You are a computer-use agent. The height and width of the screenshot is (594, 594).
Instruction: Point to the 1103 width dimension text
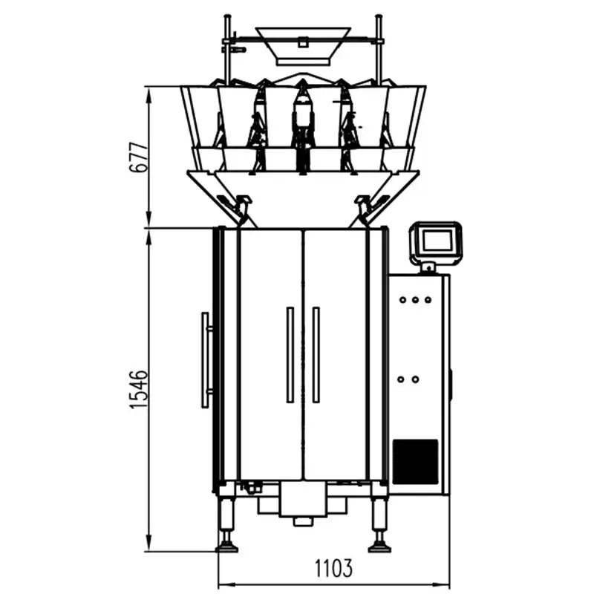click(x=333, y=569)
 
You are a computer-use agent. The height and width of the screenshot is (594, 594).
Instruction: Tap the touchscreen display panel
click(x=437, y=241)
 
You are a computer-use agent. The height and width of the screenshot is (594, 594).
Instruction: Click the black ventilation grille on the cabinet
click(x=415, y=460)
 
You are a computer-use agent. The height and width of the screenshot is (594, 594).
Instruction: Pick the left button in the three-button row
click(x=402, y=300)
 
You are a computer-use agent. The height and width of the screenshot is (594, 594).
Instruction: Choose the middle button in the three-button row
click(x=415, y=300)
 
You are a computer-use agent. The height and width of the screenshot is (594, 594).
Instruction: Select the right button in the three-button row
click(x=428, y=300)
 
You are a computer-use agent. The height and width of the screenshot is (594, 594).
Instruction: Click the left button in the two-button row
click(x=401, y=379)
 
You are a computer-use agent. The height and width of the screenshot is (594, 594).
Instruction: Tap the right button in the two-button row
click(x=415, y=379)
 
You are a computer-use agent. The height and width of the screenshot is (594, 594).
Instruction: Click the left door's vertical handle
click(x=290, y=355)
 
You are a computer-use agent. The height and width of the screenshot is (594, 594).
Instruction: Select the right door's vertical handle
click(x=316, y=355)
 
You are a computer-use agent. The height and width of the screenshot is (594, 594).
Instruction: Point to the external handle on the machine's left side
click(x=205, y=360)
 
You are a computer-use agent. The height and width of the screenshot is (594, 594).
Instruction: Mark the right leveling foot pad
click(x=380, y=548)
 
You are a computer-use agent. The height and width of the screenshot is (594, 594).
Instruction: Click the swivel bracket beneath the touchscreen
click(x=428, y=265)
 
